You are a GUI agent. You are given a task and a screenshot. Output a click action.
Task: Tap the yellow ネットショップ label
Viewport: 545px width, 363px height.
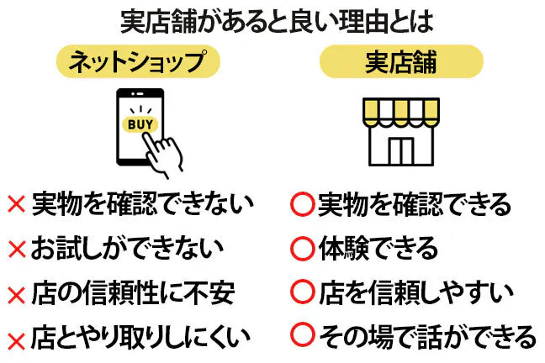click(136, 60)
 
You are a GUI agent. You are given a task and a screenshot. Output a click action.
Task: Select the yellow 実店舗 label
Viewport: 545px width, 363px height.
click(401, 60)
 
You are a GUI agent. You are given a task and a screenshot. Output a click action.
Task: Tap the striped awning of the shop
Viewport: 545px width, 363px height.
click(401, 112)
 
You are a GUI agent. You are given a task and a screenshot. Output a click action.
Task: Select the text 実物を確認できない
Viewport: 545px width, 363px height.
click(142, 203)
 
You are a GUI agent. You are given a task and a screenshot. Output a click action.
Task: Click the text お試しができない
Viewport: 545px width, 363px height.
click(127, 249)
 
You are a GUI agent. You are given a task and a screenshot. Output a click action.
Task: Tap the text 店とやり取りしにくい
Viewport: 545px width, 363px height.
click(140, 338)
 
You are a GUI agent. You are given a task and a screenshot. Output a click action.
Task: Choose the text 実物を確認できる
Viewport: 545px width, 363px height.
click(414, 203)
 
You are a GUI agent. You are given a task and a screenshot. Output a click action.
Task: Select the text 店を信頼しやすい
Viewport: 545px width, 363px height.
click(415, 293)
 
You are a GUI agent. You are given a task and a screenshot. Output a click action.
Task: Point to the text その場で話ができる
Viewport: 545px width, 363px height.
click(426, 337)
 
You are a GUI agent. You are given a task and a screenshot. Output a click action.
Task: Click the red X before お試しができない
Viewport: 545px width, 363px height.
click(16, 250)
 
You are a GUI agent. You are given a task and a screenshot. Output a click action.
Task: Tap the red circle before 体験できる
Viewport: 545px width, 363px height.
click(301, 249)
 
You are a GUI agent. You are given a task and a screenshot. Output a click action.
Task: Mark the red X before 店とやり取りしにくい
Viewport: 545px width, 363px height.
click(16, 339)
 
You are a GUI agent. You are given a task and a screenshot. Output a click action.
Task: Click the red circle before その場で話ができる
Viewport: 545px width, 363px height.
click(301, 337)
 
